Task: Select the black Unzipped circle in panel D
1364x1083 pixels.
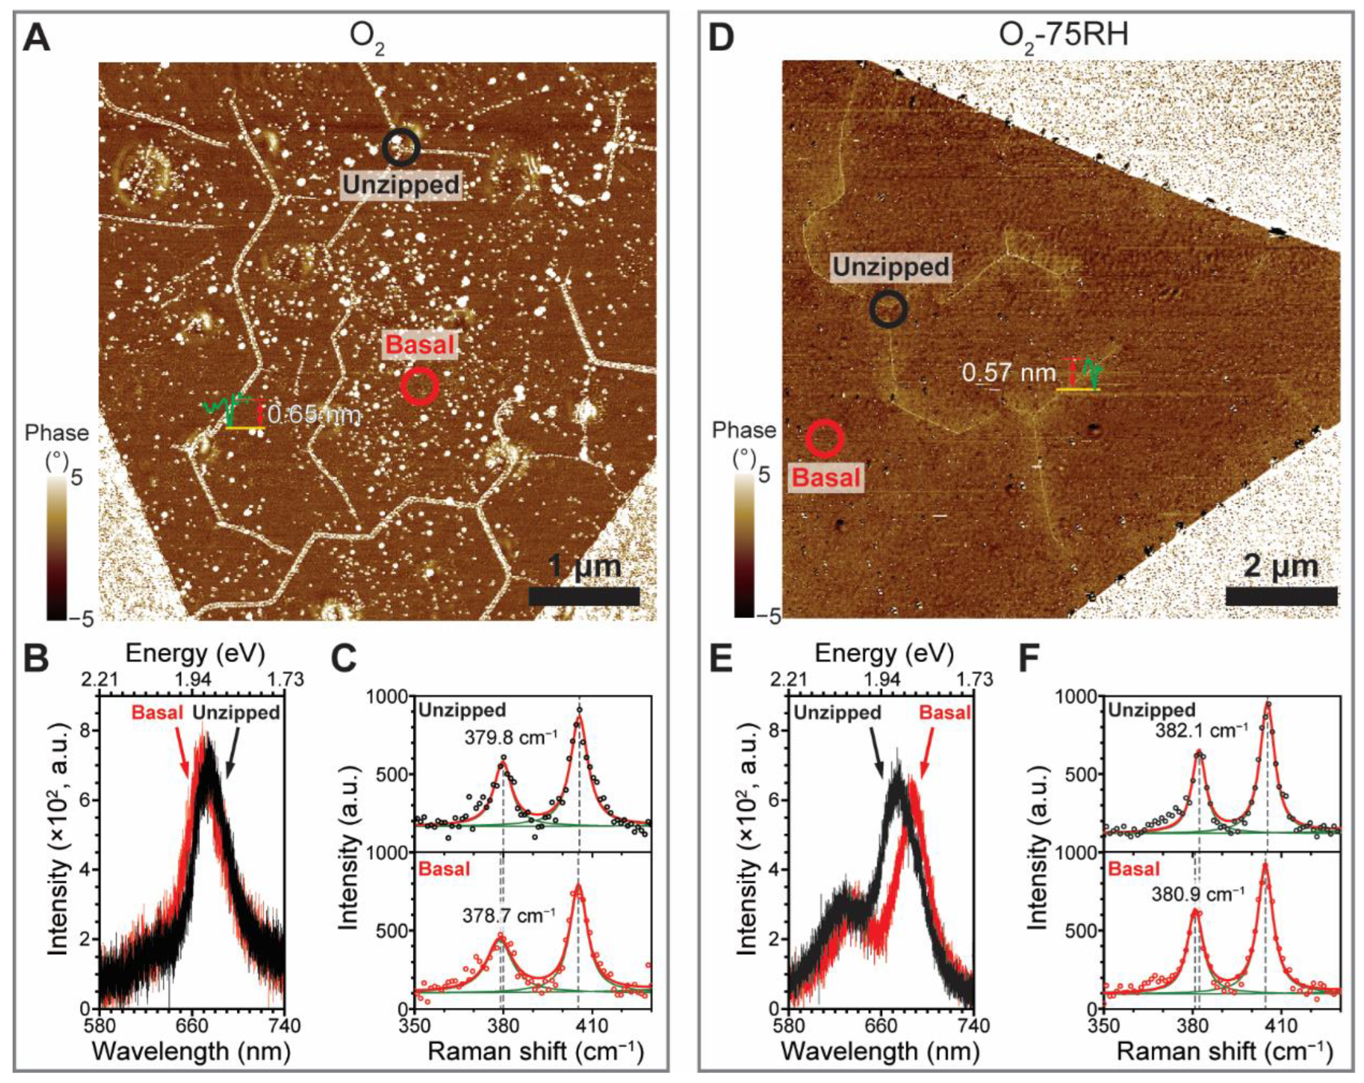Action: [x=888, y=309]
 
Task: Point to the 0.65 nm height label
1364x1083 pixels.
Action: [x=314, y=415]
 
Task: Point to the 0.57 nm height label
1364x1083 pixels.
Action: [x=1008, y=373]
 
